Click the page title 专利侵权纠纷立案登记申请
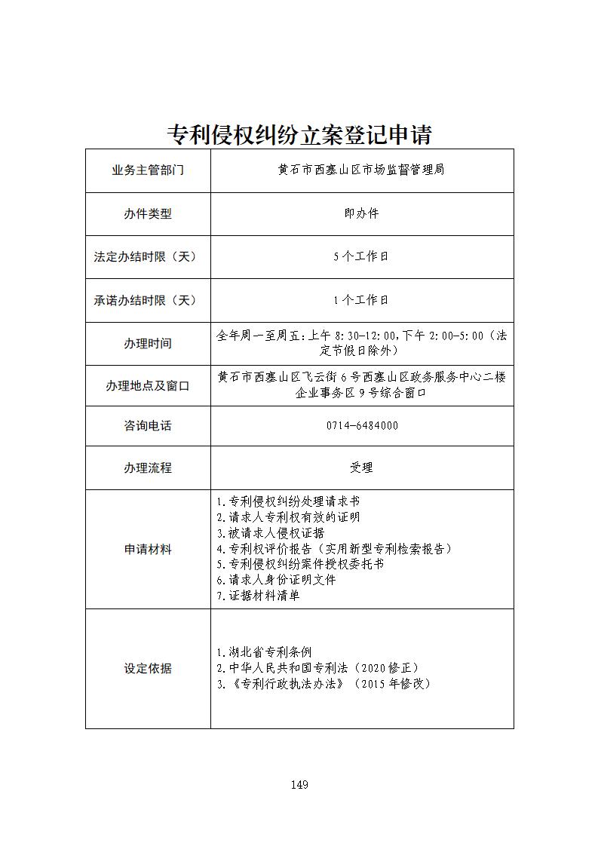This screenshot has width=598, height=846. click(299, 134)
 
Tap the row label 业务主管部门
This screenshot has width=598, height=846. click(148, 170)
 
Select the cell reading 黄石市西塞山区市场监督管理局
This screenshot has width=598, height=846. click(361, 170)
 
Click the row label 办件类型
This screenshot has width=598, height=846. click(148, 214)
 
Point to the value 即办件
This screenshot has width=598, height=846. click(361, 214)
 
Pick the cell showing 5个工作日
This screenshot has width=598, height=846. click(361, 257)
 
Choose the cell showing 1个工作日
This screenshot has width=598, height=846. click(361, 300)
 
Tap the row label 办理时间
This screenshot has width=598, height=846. click(148, 344)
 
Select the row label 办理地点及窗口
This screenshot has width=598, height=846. click(148, 386)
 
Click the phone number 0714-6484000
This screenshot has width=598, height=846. click(362, 426)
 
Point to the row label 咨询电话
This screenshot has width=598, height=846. click(148, 426)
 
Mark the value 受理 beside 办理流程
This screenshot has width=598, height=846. click(361, 468)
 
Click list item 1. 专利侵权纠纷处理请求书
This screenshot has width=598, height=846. click(287, 501)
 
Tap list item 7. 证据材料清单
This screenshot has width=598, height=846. click(257, 596)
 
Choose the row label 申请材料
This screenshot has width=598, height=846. click(148, 550)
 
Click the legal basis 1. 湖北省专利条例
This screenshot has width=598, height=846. click(263, 652)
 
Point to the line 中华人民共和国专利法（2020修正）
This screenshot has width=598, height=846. click(317, 668)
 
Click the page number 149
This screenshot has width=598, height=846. click(299, 785)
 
